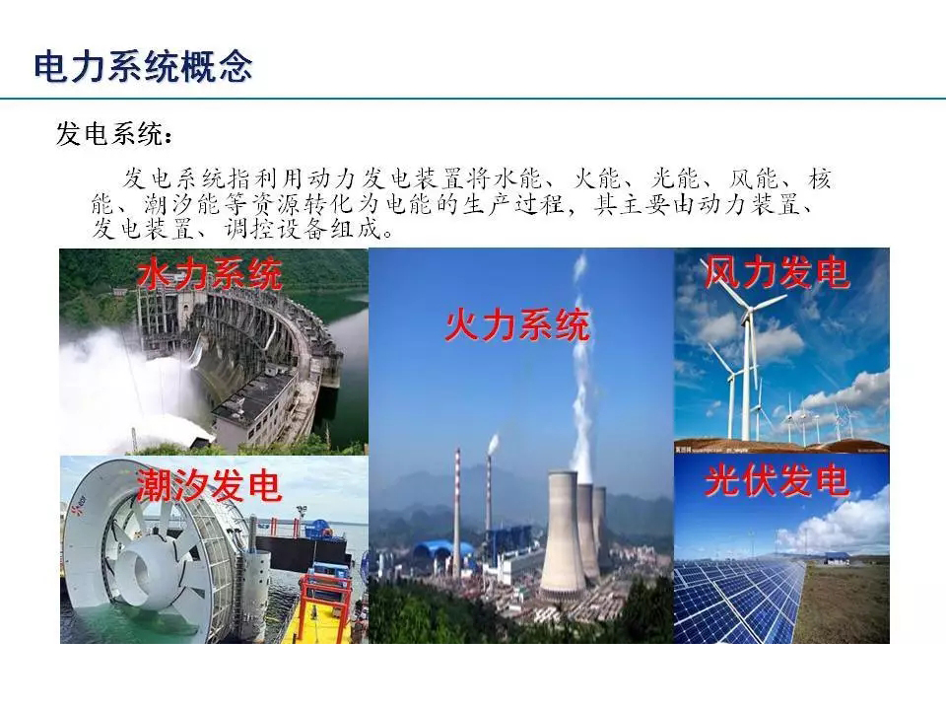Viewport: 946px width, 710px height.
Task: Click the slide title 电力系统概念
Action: tap(143, 66)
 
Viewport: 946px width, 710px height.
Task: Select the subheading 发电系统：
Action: tap(114, 133)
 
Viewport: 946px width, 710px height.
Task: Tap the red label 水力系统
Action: tap(209, 274)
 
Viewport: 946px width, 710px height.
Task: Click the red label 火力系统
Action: tap(517, 324)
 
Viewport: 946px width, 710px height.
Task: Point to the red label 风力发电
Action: tap(777, 272)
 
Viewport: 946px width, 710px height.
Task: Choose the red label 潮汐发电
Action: tap(209, 484)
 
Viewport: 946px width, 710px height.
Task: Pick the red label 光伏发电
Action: tap(777, 480)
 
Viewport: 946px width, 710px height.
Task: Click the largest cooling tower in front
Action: tap(563, 532)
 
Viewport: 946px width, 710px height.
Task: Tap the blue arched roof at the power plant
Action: tap(443, 551)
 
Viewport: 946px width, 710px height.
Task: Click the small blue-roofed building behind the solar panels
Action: tap(837, 558)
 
